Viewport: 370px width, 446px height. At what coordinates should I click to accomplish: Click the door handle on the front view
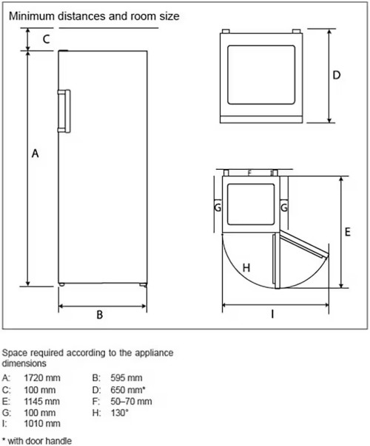point(64,111)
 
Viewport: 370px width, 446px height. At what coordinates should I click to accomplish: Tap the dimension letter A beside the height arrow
point(35,154)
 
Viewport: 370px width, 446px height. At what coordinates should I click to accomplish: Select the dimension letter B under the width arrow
point(99,315)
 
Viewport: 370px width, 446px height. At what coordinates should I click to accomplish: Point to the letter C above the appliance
point(46,39)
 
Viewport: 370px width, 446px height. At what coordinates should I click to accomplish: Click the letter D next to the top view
point(337,75)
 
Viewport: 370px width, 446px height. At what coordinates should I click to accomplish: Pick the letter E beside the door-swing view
point(348,232)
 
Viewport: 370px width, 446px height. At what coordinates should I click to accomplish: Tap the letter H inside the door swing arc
point(246,267)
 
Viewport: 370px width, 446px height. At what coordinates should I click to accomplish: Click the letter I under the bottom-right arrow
point(272,315)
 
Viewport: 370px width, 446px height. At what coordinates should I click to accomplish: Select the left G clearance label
point(218,207)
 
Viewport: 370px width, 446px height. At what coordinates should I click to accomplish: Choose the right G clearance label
point(284,207)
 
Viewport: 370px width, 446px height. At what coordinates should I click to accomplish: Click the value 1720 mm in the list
point(42,378)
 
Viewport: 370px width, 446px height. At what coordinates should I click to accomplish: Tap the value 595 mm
point(127,378)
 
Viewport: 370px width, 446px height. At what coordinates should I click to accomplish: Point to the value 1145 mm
point(42,402)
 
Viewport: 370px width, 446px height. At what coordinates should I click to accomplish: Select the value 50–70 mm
point(131,402)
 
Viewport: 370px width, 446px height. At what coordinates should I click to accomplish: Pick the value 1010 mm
point(42,424)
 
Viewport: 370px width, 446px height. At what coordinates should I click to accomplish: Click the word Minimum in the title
point(32,16)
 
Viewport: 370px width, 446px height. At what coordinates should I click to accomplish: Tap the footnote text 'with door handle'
point(40,441)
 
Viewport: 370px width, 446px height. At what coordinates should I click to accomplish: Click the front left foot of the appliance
point(61,284)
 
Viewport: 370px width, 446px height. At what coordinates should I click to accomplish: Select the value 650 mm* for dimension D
point(128,390)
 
